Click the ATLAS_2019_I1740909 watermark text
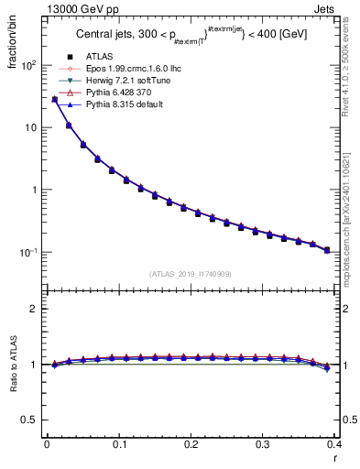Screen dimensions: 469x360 point(191,274)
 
